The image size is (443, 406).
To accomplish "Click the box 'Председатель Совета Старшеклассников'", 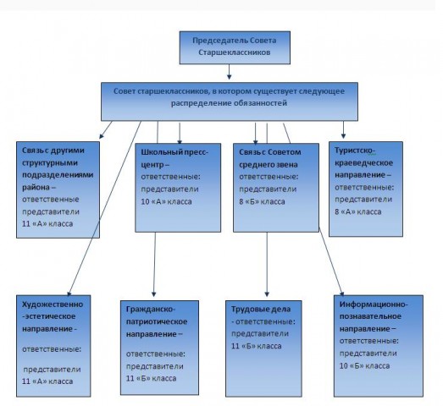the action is click(x=235, y=47).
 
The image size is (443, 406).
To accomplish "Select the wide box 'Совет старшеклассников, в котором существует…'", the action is click(x=230, y=101).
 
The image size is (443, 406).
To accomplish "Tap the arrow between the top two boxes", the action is click(x=230, y=72).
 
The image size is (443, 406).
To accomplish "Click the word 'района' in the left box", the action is click(x=36, y=187).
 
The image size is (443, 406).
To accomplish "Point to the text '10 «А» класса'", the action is click(x=166, y=201).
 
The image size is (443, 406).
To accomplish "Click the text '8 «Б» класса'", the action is click(x=262, y=201).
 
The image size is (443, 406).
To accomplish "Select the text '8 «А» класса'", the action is click(x=358, y=211).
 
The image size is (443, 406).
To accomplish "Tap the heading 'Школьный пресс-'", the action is click(x=174, y=152).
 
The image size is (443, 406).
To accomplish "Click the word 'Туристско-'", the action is click(x=355, y=151).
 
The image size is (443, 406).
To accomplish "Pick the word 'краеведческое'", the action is click(x=363, y=162).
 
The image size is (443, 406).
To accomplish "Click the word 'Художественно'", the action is click(x=53, y=304).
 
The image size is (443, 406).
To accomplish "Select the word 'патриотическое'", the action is click(x=157, y=321).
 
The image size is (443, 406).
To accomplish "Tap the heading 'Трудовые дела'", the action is click(x=261, y=310).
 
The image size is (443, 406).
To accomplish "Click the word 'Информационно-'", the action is click(x=374, y=304).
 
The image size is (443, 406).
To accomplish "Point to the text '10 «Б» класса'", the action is click(x=364, y=365).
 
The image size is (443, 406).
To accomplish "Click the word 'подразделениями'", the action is click(x=58, y=175).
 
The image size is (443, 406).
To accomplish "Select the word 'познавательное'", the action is click(x=370, y=316).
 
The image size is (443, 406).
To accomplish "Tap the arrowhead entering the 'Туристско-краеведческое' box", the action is click(x=343, y=135).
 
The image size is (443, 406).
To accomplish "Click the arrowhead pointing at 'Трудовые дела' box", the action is click(x=267, y=294).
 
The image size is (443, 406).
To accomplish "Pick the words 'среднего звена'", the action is click(x=269, y=164).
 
